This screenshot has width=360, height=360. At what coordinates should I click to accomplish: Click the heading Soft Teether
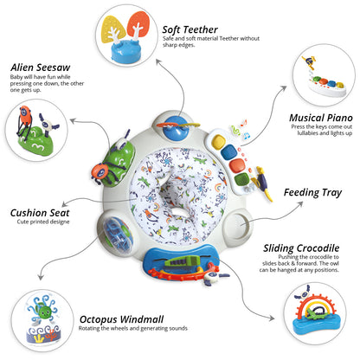(x=190, y=29)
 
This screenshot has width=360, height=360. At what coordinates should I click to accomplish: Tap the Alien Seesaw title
(x=41, y=67)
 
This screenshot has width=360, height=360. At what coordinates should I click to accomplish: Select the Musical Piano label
(x=321, y=118)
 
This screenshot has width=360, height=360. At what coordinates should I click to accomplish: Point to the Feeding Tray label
(x=313, y=192)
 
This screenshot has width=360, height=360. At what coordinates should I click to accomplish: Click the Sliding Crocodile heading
(x=301, y=248)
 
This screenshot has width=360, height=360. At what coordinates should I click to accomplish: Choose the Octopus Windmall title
(x=121, y=319)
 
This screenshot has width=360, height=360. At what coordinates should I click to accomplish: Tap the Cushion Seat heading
(x=40, y=213)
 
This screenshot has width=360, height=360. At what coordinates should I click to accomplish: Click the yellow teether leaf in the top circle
(x=113, y=29)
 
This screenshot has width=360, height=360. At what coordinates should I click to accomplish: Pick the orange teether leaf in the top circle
(x=138, y=24)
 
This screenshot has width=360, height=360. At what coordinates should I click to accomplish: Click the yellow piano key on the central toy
(x=218, y=141)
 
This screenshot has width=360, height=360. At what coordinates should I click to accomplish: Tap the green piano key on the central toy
(x=242, y=180)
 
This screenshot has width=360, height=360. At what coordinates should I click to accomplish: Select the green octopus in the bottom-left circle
(x=45, y=312)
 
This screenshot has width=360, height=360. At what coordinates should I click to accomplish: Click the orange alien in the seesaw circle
(x=25, y=114)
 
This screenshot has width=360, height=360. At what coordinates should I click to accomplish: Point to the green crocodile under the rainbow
(x=315, y=314)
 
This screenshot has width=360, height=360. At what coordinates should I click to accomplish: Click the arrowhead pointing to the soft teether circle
(x=157, y=61)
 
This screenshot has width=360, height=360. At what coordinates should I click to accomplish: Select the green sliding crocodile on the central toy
(x=183, y=261)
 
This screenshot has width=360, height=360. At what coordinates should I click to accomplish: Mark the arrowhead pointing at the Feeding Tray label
(x=300, y=203)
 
